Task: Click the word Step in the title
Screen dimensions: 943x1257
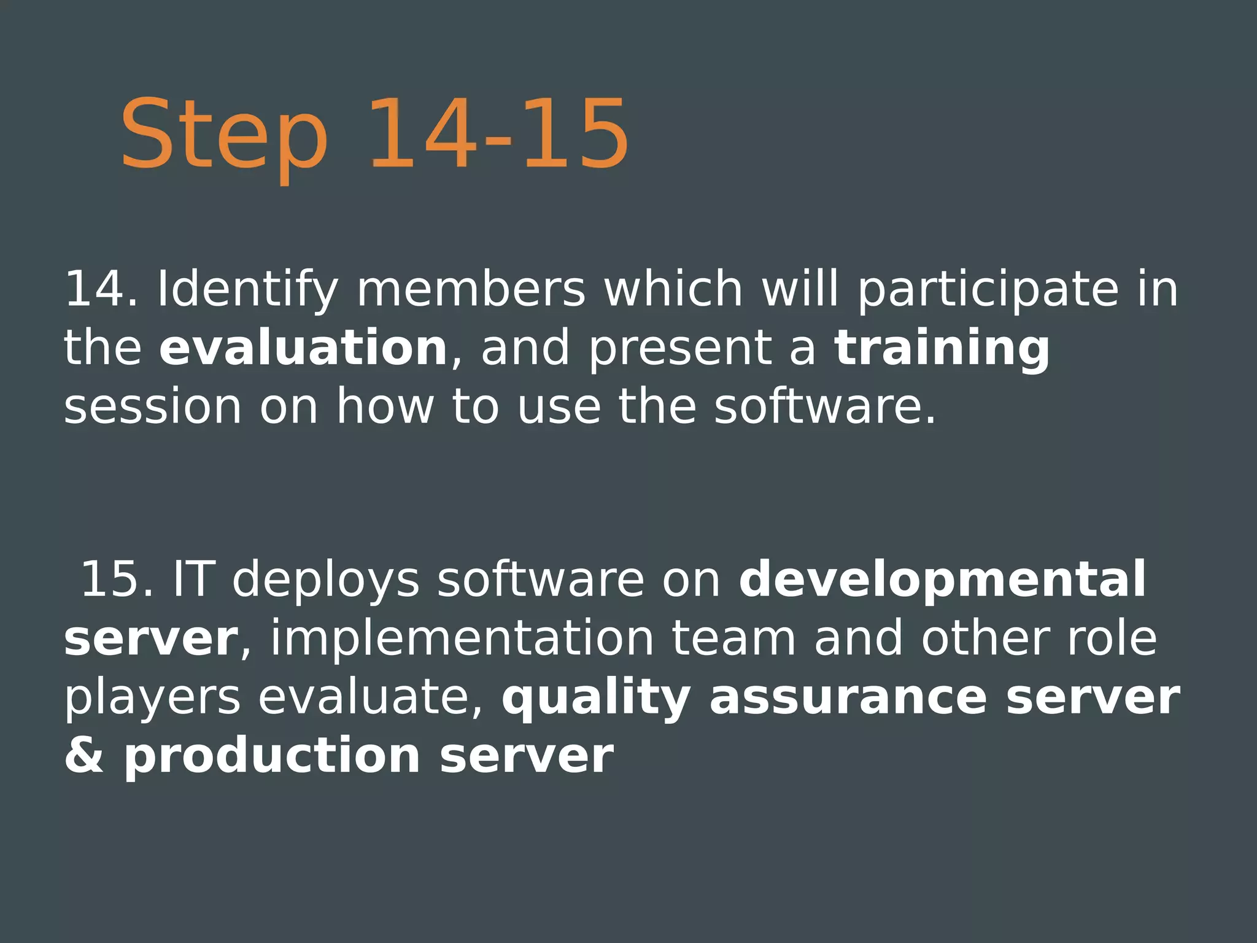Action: pyautogui.click(x=224, y=135)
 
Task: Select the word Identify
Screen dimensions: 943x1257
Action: pyautogui.click(x=248, y=290)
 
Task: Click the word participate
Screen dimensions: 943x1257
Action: pyautogui.click(x=988, y=290)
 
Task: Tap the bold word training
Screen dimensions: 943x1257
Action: pyautogui.click(x=942, y=348)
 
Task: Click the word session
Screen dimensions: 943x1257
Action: pyautogui.click(x=153, y=406)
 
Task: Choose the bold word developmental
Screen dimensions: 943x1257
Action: pyautogui.click(x=942, y=579)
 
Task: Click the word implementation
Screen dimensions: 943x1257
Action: pyautogui.click(x=462, y=638)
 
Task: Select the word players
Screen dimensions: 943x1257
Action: pyautogui.click(x=152, y=698)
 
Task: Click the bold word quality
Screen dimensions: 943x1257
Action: pyautogui.click(x=596, y=698)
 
